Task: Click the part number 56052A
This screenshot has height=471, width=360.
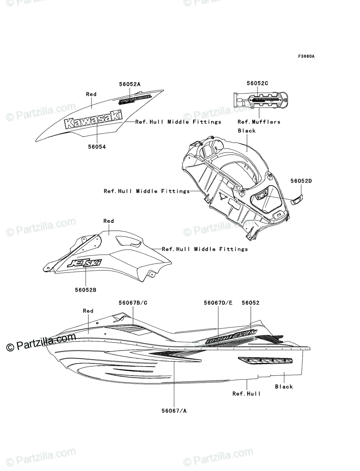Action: [x=130, y=84]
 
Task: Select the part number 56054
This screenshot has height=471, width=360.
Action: [x=96, y=146]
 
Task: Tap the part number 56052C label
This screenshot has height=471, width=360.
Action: [x=258, y=83]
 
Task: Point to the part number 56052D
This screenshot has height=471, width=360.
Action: [x=302, y=181]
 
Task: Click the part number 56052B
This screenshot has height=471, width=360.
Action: [x=86, y=290]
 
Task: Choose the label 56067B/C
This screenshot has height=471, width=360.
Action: [x=133, y=303]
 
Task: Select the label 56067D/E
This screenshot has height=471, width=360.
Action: [x=218, y=303]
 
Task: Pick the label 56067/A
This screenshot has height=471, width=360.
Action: [x=174, y=411]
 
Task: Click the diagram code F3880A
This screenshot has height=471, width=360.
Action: [x=306, y=57]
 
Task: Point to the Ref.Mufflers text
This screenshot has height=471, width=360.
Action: [x=259, y=122]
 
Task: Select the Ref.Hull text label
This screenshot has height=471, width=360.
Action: [x=246, y=394]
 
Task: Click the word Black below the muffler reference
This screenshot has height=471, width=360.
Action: [x=247, y=131]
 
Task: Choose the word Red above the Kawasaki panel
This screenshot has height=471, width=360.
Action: [x=91, y=94]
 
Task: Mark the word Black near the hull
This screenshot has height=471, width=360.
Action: [x=284, y=387]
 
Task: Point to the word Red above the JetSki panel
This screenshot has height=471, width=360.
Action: [x=108, y=221]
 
